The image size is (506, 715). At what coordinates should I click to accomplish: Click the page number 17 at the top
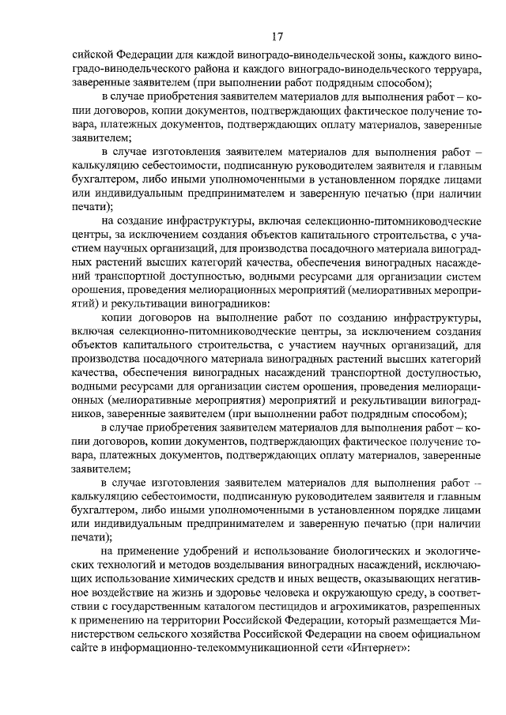coord(277,38)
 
